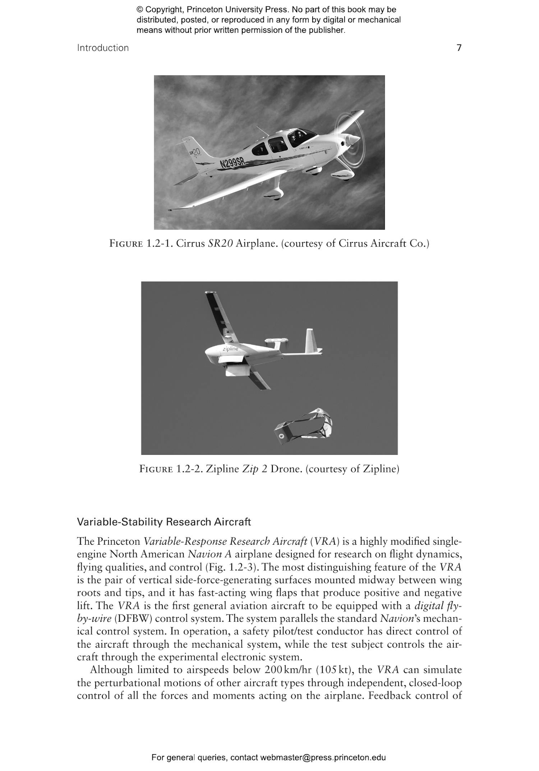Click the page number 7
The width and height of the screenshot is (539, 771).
tap(459, 48)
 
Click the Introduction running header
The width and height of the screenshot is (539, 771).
tap(103, 48)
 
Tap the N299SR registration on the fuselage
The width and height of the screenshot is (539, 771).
tap(232, 163)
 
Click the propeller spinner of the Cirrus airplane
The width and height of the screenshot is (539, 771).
tap(353, 139)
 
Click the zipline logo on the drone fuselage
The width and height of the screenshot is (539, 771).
tap(230, 349)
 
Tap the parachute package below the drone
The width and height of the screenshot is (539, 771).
tap(303, 426)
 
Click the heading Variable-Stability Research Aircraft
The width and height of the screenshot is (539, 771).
tap(164, 522)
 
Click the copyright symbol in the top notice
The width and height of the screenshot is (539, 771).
tap(139, 10)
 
